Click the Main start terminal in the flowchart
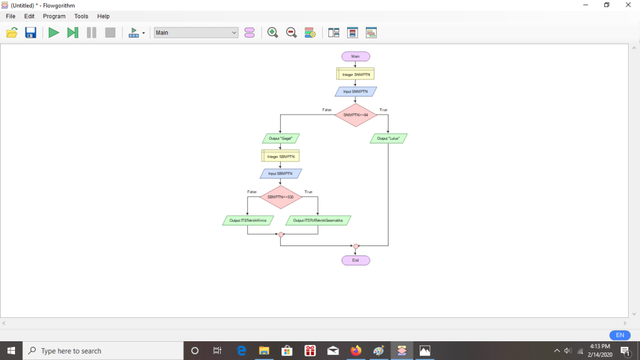pos(355,56)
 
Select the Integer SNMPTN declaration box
pos(355,74)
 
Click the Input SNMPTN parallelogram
pos(355,91)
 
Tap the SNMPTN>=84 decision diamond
pos(355,115)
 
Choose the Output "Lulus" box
pos(389,138)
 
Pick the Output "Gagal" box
pos(280,138)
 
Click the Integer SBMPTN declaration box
pos(280,156)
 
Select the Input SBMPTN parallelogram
pos(280,173)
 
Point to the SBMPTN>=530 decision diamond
pos(280,197)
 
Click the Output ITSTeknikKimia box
pos(248,220)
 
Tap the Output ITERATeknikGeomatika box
pos(318,220)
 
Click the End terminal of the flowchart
pos(355,260)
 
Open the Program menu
pos(54,16)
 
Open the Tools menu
pos(81,16)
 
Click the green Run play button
pos(54,33)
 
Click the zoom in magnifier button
pos(272,33)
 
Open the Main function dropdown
pos(196,33)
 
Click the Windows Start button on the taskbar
pos(11,351)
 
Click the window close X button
pos(627,6)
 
